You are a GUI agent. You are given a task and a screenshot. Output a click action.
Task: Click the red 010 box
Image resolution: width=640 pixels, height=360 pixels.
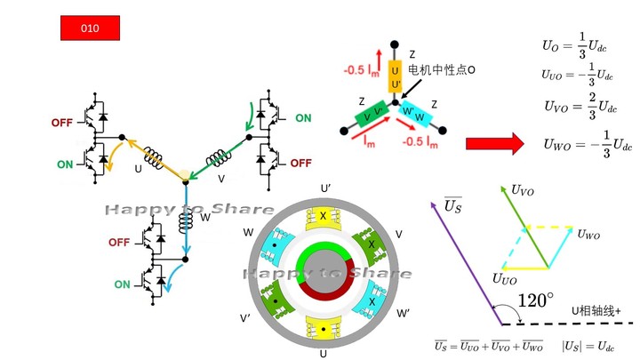click(89, 28)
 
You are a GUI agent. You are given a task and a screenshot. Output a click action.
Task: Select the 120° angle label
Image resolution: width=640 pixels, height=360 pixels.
click(535, 300)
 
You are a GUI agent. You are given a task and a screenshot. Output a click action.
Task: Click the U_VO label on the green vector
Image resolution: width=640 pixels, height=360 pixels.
click(522, 189)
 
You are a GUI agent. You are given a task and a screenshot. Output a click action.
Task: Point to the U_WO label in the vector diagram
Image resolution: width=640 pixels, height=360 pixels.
click(588, 235)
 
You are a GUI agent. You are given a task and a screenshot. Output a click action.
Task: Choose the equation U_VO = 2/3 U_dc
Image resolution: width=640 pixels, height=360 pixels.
click(580, 106)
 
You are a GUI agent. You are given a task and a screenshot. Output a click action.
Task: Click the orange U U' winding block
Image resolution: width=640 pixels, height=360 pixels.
click(396, 76)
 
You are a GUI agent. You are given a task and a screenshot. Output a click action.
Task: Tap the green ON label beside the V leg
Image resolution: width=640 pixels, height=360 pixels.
click(303, 118)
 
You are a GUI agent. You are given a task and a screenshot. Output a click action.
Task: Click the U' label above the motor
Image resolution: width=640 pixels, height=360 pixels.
click(325, 188)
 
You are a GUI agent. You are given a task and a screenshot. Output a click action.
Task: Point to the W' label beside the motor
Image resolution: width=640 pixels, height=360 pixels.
click(403, 314)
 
